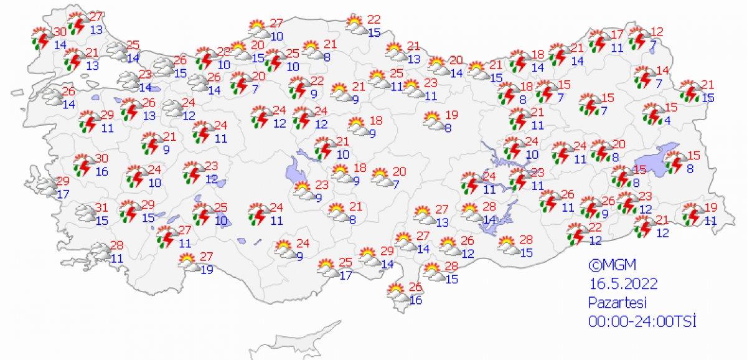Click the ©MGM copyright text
[x=607, y=265]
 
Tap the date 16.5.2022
[x=623, y=283]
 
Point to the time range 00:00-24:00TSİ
[x=641, y=321]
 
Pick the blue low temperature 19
[x=207, y=269]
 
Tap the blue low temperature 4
[x=667, y=120]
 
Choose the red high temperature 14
[x=662, y=70]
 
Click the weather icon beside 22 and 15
[x=356, y=25]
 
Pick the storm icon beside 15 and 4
[x=652, y=115]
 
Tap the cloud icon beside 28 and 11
[x=100, y=251]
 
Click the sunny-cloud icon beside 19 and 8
[x=433, y=120]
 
